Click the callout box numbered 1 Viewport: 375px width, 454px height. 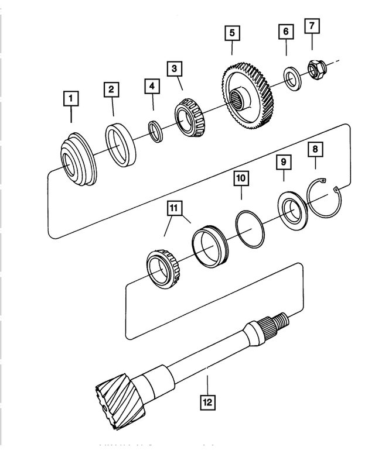[71, 98]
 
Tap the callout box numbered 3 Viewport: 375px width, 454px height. [173, 68]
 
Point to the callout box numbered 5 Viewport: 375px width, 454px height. [233, 33]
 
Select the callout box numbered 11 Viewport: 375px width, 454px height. [173, 208]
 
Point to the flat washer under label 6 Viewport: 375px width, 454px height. [291, 77]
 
